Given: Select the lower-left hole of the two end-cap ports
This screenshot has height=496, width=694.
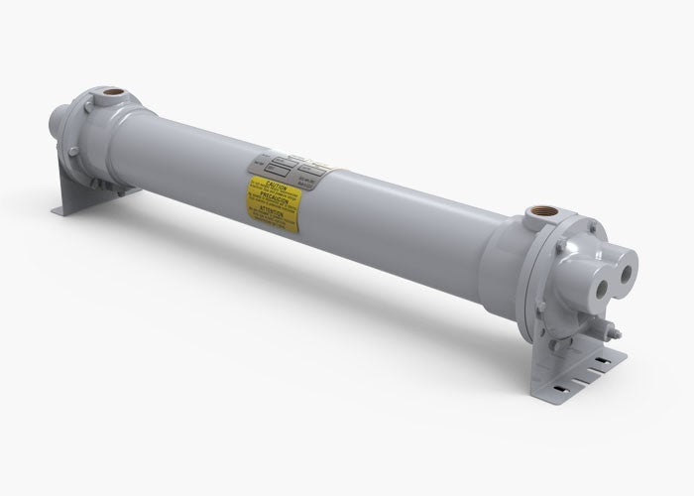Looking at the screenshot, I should click(602, 279).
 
